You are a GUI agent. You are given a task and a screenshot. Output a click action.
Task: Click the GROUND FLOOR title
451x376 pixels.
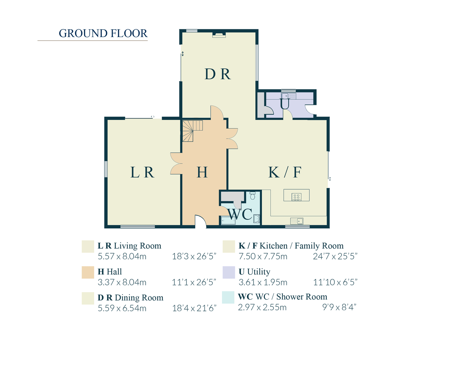103,34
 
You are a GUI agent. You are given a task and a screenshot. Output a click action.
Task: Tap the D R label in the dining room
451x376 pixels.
218,74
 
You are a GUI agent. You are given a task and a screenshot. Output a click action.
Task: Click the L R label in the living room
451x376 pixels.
142,172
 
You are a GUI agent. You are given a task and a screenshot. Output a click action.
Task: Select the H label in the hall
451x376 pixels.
202,172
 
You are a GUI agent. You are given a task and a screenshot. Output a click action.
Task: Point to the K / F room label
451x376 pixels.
285,172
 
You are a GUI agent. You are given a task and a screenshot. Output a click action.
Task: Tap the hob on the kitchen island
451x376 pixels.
296,197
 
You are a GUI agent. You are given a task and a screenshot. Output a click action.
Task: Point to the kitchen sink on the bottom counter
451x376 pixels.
297,221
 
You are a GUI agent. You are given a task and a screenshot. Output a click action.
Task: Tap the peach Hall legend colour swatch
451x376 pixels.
88,272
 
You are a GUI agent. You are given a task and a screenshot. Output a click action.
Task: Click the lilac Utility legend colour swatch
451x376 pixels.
229,272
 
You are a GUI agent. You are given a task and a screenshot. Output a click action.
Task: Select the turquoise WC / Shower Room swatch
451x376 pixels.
228,297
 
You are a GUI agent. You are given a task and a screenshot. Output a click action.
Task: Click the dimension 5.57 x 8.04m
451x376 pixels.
122,256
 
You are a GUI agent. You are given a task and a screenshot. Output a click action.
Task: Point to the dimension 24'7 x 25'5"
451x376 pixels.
335,256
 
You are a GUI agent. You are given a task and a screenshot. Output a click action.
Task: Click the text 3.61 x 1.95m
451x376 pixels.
263,283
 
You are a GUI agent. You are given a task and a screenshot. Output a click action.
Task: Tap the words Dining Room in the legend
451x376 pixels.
139,298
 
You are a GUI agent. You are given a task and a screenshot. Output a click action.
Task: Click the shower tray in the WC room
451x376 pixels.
228,220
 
